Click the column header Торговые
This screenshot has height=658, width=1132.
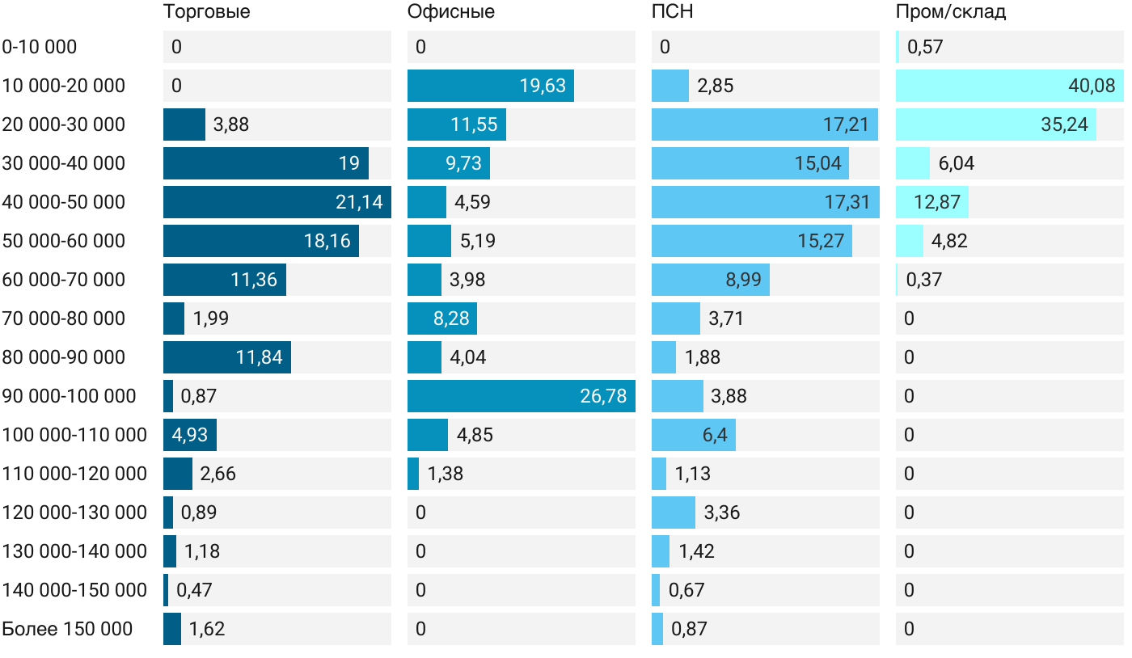206,12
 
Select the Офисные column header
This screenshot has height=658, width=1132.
451,12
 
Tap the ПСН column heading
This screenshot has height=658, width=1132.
673,12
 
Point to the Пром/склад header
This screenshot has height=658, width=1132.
951,12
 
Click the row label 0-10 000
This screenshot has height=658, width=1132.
40,47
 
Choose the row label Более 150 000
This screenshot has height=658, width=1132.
67,629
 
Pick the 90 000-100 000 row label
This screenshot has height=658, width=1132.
69,396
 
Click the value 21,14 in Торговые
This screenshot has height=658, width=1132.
359,202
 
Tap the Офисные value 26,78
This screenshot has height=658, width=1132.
603,396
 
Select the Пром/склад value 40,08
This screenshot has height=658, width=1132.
1092,86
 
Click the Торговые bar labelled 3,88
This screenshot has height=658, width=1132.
184,124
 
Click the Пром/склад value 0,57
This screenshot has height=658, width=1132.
925,47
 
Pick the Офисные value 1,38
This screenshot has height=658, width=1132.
446,474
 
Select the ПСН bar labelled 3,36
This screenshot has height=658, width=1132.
674,512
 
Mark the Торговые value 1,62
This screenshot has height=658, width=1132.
207,629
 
